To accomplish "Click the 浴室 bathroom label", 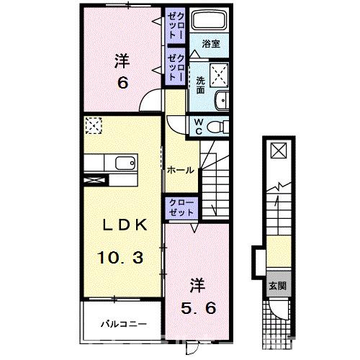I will click(210, 44).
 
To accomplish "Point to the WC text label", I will click(197, 127).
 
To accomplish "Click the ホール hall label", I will click(179, 171).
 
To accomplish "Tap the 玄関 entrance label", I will click(277, 284).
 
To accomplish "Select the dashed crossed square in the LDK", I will click(94, 126).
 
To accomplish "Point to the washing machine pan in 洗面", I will click(217, 75).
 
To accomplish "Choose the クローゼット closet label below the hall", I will click(180, 208).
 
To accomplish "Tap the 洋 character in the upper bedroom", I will click(122, 60).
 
